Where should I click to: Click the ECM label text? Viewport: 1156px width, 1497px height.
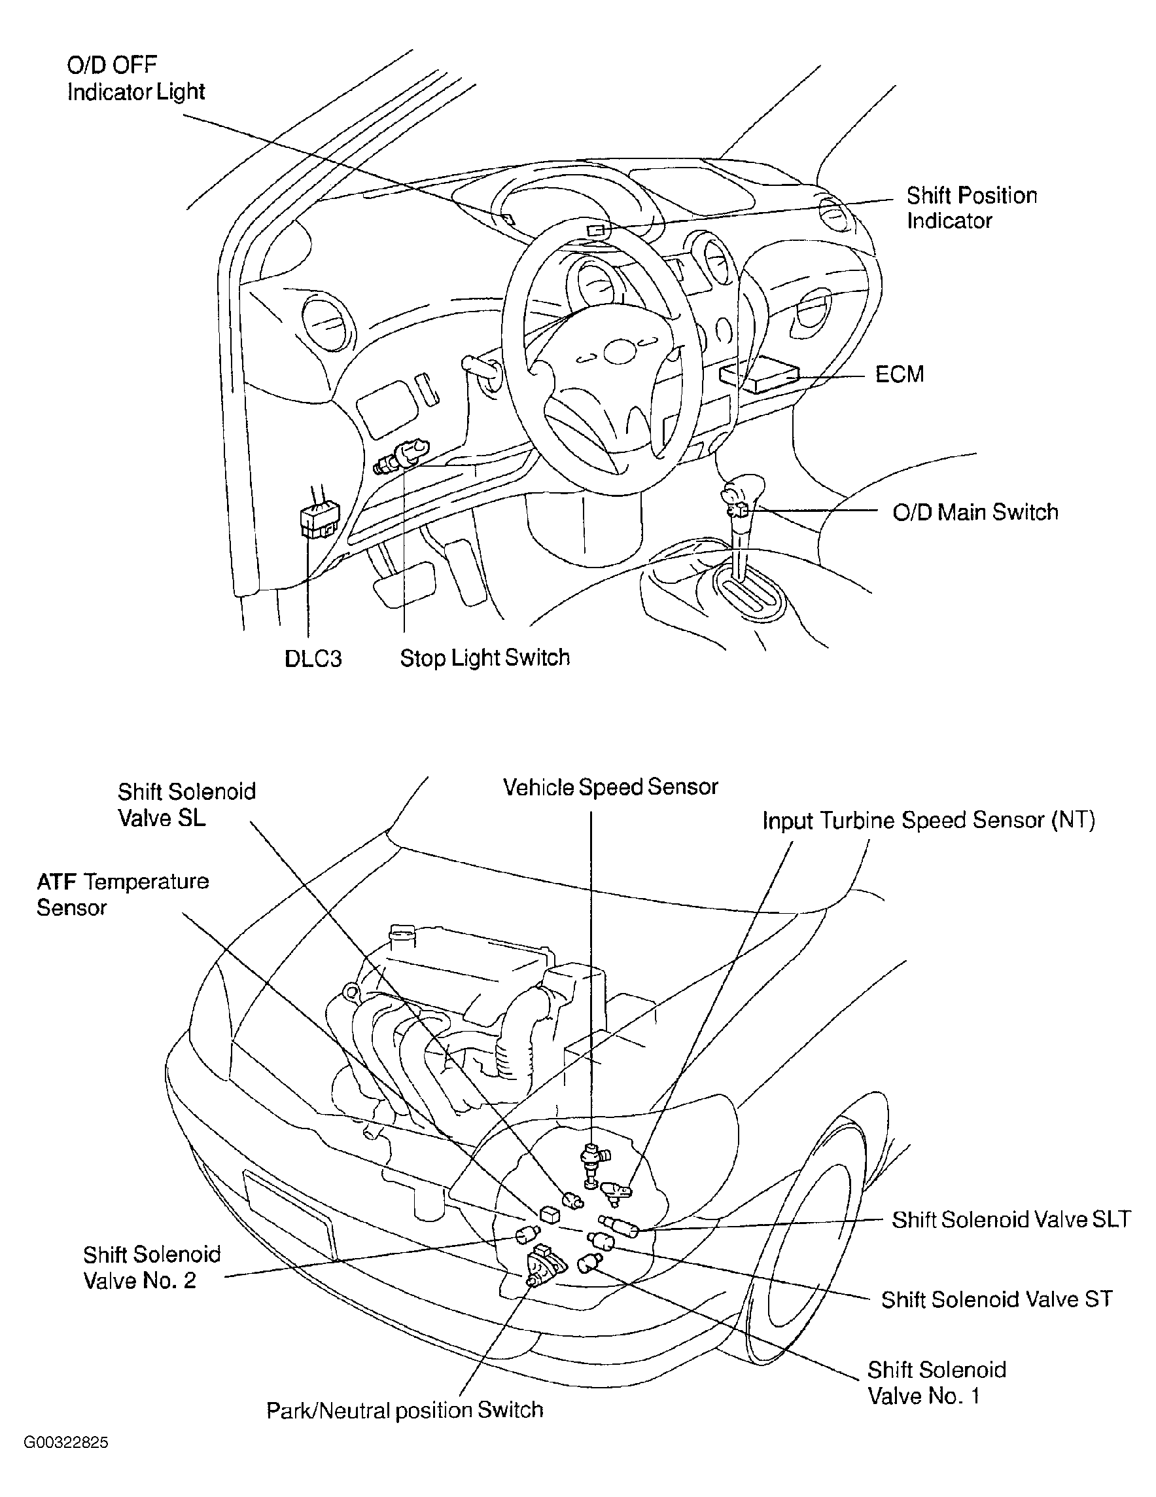coord(900,374)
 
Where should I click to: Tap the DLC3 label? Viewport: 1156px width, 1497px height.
coord(313,658)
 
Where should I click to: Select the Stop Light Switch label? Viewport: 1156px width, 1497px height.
coord(485,658)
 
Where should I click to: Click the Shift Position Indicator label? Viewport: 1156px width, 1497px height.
coord(972,207)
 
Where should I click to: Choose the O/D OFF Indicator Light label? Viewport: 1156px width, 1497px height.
coord(135,78)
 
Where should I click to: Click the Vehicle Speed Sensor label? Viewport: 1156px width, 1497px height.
coord(610,787)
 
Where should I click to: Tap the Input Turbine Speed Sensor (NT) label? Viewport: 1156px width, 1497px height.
coord(928,820)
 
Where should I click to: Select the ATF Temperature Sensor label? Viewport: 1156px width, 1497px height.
coord(122,893)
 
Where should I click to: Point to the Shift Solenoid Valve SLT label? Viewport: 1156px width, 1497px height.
coord(1011,1219)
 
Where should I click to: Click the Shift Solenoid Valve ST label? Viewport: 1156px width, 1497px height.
coord(997,1299)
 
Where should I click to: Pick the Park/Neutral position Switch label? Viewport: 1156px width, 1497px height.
coord(404,1410)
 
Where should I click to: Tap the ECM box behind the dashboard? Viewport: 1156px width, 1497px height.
coord(760,378)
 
